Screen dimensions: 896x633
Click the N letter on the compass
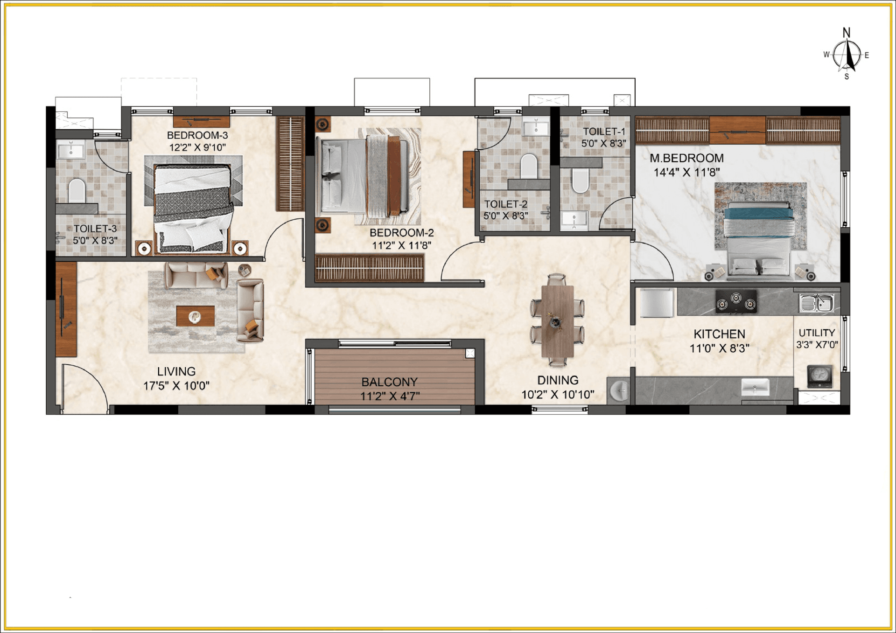[x=847, y=33]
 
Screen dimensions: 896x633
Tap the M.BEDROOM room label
[x=686, y=158]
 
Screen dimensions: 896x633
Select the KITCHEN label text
[x=719, y=334]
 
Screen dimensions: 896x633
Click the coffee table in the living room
[x=196, y=316]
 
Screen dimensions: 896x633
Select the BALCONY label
[x=389, y=382]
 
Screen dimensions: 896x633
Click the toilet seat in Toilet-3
[x=77, y=191]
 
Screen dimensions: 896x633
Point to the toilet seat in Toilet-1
[x=581, y=181]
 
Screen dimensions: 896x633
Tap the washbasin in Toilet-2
[x=536, y=127]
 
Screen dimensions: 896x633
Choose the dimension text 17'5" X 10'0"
[x=176, y=386]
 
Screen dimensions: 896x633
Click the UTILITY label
[x=817, y=333]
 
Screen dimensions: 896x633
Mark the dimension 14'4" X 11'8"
[x=686, y=172]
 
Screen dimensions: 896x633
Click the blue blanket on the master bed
[x=758, y=214]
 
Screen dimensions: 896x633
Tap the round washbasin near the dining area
[x=619, y=390]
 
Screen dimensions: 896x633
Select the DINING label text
[x=558, y=380]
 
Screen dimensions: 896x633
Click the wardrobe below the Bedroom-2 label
[x=369, y=268]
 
